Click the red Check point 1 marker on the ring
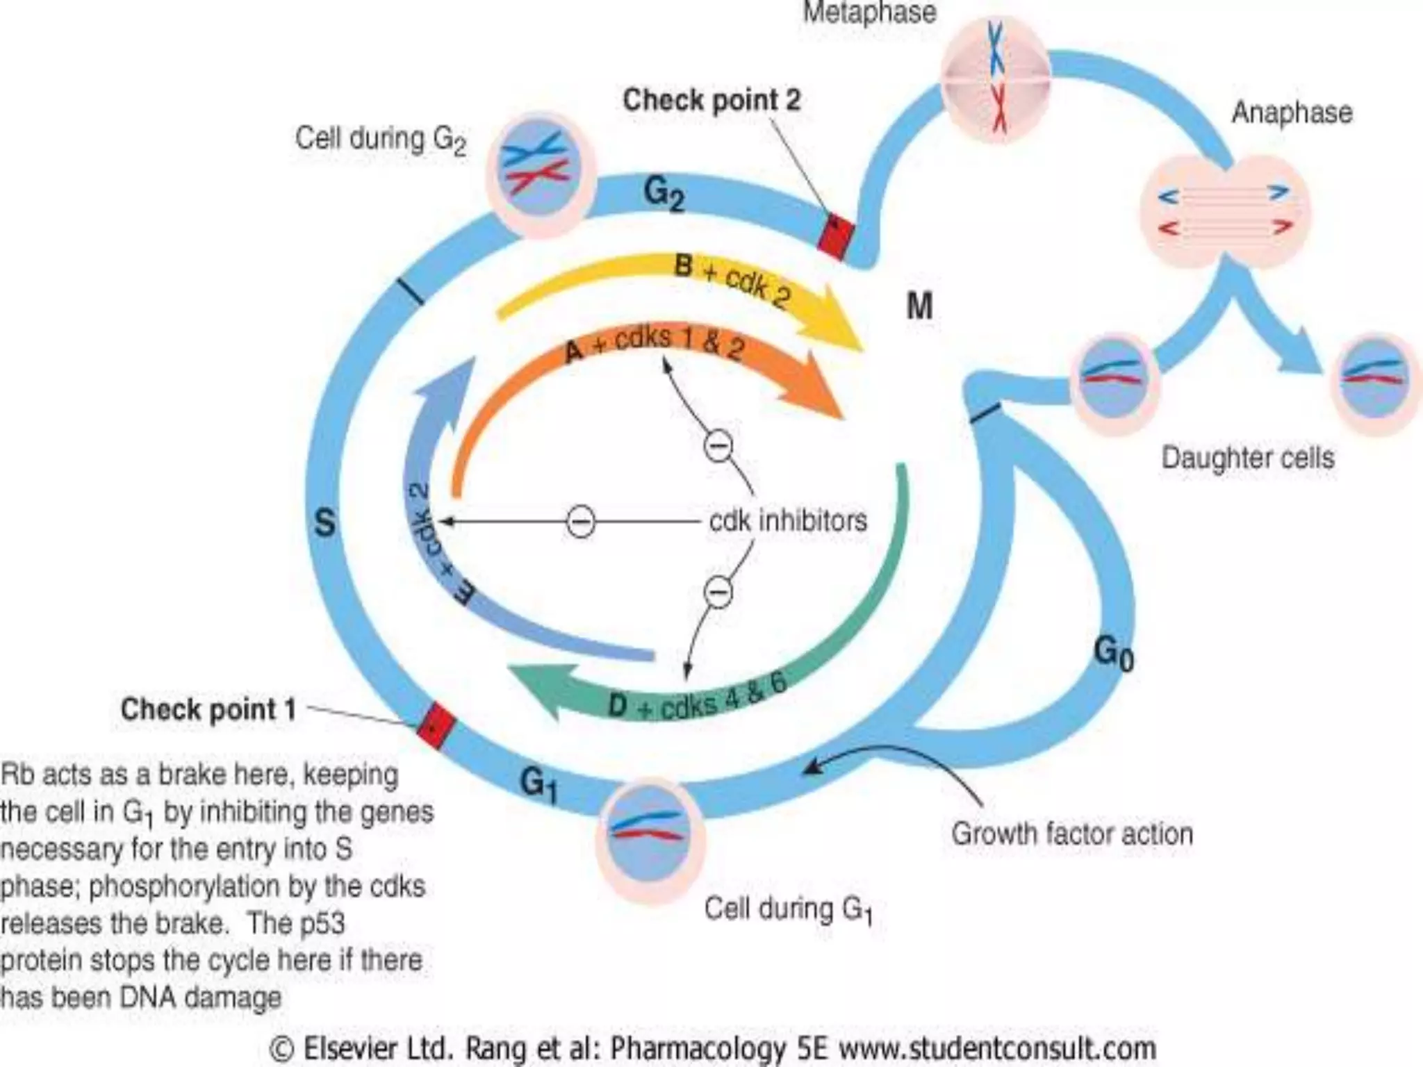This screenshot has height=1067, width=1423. point(436,726)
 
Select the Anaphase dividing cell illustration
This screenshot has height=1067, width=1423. point(1225,211)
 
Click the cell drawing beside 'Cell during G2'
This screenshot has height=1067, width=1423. point(541,173)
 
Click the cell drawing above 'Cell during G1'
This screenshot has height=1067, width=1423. point(650,838)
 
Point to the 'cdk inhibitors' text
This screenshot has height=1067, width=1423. point(788,520)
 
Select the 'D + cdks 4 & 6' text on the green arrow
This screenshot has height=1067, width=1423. point(697,697)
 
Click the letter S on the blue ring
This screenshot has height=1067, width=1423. point(324,523)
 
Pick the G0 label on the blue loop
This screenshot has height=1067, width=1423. point(1113,654)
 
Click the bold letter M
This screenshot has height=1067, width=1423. point(919,306)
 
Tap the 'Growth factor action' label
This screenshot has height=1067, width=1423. point(1071,834)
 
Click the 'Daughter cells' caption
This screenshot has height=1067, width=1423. point(1248,458)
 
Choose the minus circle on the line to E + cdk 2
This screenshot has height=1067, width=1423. point(580,521)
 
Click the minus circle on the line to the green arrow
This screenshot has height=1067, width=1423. point(718,592)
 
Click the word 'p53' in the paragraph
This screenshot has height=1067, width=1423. point(322,924)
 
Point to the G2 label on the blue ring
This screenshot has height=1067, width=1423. point(664,193)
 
